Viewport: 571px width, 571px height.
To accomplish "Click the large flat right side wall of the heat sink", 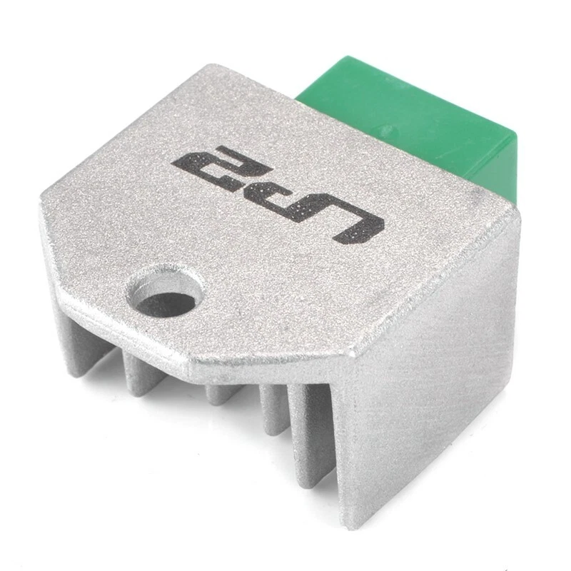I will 428,371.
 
